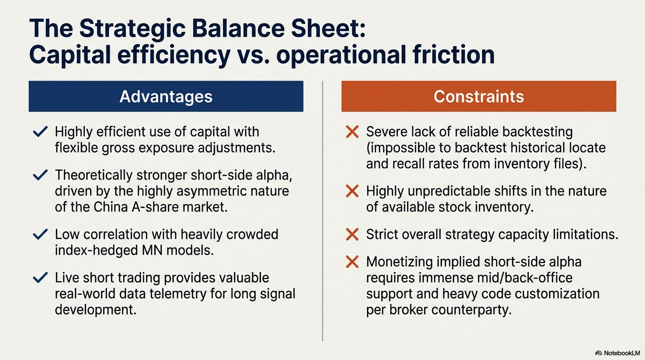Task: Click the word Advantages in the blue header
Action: coord(166,97)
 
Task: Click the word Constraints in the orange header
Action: coord(479,97)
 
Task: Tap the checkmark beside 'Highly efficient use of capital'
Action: coord(40,131)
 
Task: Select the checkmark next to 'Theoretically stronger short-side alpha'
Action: coord(40,175)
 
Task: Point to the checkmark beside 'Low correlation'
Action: coord(40,234)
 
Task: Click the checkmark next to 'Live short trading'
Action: coord(40,277)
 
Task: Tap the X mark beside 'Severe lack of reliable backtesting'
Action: coord(352,132)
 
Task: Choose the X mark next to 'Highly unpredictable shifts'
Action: coord(352,191)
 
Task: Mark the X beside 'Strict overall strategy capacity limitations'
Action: coord(352,234)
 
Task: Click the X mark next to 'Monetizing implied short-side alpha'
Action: coord(352,262)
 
